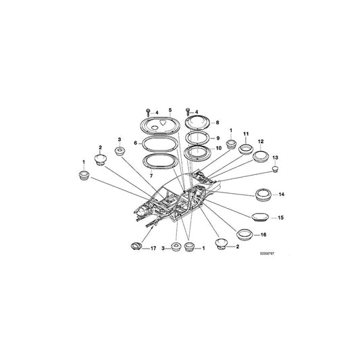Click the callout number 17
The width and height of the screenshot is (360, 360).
click(153, 248)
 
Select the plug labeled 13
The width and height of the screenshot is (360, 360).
click(276, 170)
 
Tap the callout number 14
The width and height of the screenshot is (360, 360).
click(281, 195)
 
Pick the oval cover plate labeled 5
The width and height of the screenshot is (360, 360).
click(159, 126)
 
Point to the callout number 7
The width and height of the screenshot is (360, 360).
click(151, 176)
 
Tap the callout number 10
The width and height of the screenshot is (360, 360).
click(219, 148)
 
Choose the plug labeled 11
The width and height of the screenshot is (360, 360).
click(246, 149)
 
